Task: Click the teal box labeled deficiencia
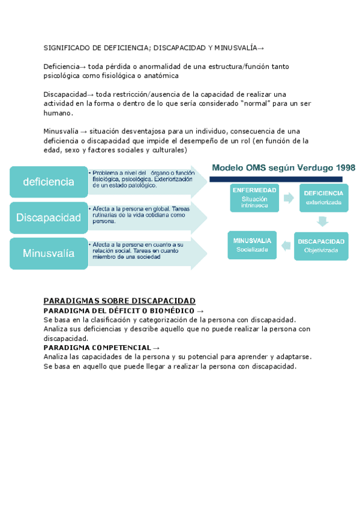pos(48,181)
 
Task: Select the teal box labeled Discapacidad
pos(48,217)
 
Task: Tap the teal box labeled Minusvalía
pos(48,253)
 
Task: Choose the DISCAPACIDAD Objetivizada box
pos(321,245)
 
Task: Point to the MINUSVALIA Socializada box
pos(252,245)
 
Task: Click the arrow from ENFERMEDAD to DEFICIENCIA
pos(290,197)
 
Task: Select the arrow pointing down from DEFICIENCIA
pos(323,221)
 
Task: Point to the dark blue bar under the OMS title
pos(275,178)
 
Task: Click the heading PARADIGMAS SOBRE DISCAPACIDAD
pos(119,301)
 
